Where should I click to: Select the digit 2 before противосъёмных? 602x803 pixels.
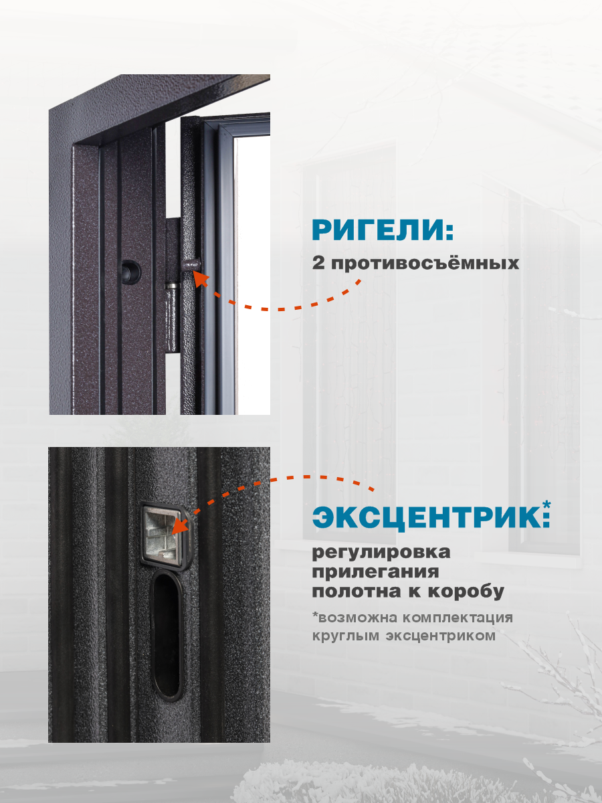click(x=318, y=262)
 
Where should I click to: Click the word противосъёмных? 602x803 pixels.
click(x=425, y=263)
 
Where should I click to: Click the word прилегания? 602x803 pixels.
click(x=376, y=573)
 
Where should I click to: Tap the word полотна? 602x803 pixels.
click(x=355, y=592)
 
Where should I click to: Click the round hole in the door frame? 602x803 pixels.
click(x=130, y=269)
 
